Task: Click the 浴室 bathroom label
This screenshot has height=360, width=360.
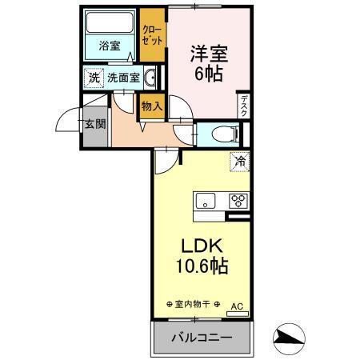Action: pyautogui.click(x=110, y=46)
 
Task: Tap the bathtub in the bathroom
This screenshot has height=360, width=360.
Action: pyautogui.click(x=110, y=24)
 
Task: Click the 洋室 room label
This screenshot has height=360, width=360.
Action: pyautogui.click(x=209, y=54)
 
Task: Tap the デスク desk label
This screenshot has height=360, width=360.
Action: pyautogui.click(x=244, y=104)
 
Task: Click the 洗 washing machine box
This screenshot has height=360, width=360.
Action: pyautogui.click(x=94, y=78)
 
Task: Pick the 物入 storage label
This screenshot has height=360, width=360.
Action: pyautogui.click(x=151, y=106)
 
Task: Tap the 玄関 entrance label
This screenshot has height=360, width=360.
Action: pyautogui.click(x=94, y=124)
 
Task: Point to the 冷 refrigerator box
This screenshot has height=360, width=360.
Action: pyautogui.click(x=240, y=161)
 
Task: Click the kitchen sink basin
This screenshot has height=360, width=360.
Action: pyautogui.click(x=205, y=201)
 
